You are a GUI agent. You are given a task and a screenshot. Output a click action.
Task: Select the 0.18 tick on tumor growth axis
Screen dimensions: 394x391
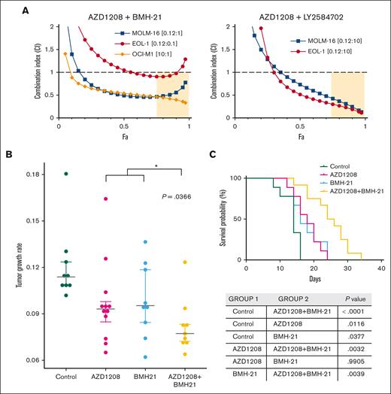tap(35, 174)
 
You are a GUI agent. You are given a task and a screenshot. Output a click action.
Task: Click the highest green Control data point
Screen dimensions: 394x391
tap(66, 174)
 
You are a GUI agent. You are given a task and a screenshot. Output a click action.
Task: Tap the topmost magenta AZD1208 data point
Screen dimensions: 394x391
tap(107, 199)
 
